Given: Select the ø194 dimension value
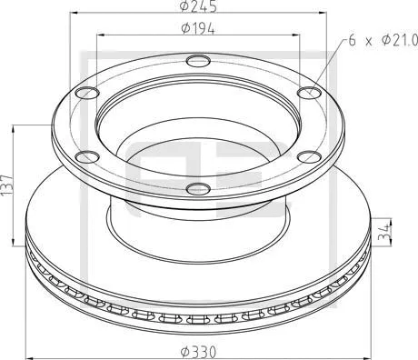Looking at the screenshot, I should tap(197, 28).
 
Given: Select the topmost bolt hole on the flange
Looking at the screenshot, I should tap(197, 62).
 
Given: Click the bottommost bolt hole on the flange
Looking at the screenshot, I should tap(197, 189).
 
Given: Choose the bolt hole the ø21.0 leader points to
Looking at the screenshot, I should tap(309, 91).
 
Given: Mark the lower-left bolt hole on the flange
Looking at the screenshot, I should tap(86, 155).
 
